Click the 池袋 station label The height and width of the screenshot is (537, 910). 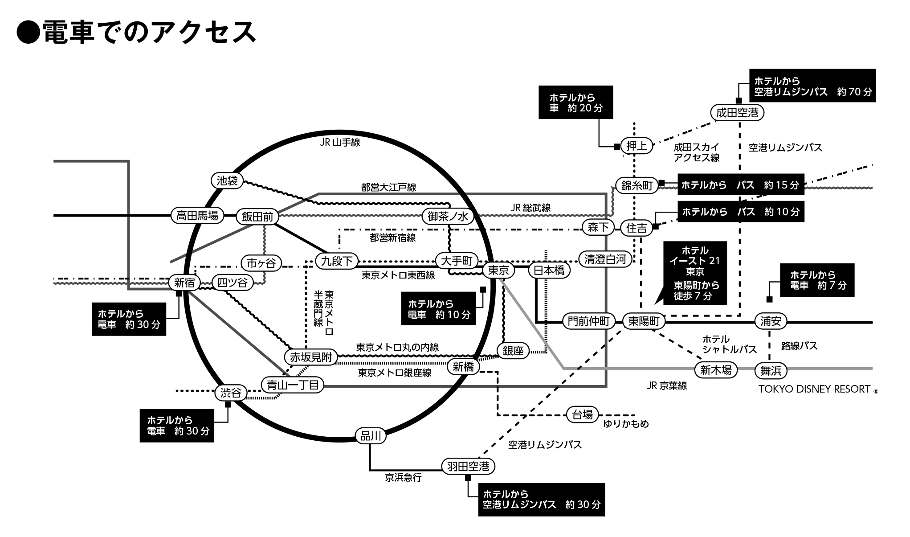(227, 180)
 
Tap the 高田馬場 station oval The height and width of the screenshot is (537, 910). (197, 216)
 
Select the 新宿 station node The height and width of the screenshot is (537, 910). (184, 283)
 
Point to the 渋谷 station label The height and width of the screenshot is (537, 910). (231, 393)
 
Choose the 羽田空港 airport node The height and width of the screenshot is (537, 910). (468, 467)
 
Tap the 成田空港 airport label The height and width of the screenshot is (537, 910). (737, 113)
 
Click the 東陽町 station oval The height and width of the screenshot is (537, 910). (644, 321)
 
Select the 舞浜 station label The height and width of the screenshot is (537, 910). (771, 370)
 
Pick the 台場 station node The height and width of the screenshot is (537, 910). (582, 415)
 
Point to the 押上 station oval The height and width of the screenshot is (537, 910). (637, 146)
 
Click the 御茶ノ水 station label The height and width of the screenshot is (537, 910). (448, 217)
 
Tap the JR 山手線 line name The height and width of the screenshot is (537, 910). (340, 143)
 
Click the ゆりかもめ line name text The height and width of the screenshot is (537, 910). (626, 424)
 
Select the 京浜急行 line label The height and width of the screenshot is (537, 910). (403, 478)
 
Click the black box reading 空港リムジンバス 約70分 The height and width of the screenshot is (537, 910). (812, 86)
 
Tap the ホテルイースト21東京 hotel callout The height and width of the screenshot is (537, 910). (695, 273)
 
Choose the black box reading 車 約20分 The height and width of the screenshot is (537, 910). (575, 102)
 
